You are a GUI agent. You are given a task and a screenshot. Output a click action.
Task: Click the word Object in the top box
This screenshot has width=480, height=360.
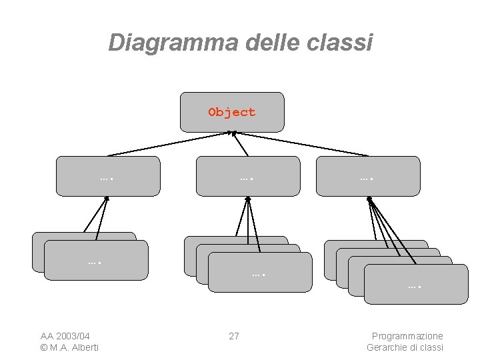[x=231, y=112]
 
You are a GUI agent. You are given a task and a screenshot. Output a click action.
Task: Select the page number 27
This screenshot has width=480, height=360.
[x=234, y=336]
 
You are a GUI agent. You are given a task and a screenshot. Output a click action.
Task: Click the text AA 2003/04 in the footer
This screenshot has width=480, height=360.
[x=65, y=336]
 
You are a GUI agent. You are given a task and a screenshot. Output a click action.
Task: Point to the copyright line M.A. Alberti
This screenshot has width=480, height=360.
[x=69, y=347]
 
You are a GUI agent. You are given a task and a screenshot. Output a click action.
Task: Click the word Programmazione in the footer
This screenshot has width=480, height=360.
[x=407, y=336]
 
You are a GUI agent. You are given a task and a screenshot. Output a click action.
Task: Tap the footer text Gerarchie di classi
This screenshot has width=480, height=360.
[x=405, y=347]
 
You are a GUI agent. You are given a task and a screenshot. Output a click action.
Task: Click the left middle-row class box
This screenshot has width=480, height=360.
[x=108, y=176]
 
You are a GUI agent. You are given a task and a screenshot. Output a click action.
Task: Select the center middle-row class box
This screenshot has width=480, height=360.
[x=248, y=176]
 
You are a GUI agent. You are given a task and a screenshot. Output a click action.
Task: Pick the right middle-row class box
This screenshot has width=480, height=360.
[x=368, y=176]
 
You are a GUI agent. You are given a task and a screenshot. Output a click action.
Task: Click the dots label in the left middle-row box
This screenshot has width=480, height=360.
[x=105, y=178]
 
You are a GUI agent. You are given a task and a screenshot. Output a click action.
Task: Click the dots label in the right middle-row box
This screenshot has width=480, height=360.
[x=366, y=178]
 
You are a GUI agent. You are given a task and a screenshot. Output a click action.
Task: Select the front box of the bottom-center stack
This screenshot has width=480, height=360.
[x=259, y=273]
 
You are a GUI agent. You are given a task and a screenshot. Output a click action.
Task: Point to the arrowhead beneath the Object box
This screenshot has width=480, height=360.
[x=233, y=133]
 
